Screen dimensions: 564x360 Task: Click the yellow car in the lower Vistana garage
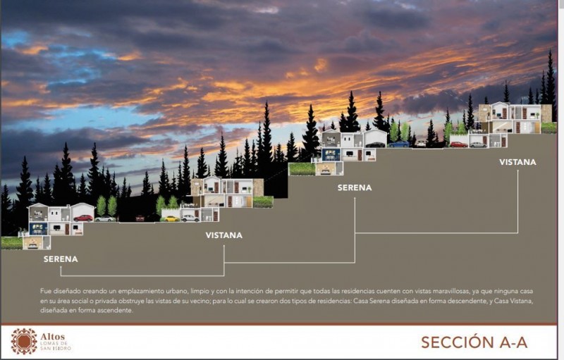(172, 219)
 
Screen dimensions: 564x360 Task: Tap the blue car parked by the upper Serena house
(398, 144)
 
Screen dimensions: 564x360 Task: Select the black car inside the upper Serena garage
(375, 145)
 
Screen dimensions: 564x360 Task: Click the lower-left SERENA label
(61, 259)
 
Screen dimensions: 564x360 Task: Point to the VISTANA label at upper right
(517, 162)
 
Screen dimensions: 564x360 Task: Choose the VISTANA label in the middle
(223, 235)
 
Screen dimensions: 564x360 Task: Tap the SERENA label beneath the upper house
(355, 187)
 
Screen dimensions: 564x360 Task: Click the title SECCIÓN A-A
(474, 342)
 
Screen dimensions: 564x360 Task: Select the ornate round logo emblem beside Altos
(24, 341)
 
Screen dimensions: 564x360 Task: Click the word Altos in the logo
(52, 337)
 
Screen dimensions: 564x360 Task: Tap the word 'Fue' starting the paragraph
(45, 291)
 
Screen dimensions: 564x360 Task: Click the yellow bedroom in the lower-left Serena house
(32, 242)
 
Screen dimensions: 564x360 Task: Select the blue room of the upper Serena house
(331, 155)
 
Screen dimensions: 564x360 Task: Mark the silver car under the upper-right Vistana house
(478, 145)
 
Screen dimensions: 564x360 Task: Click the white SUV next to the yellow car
(190, 218)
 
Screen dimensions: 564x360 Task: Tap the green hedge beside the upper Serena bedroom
(302, 169)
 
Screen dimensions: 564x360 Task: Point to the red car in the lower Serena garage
(83, 218)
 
